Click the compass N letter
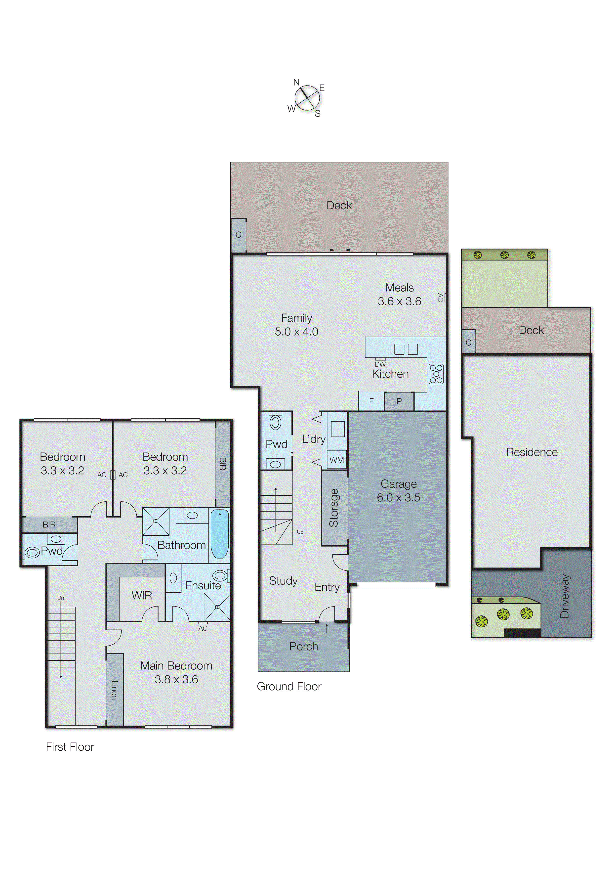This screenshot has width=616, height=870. (x=296, y=82)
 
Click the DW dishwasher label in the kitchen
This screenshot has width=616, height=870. (x=380, y=364)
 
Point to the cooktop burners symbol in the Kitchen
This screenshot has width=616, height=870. (x=436, y=374)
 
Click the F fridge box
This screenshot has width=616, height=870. (x=371, y=401)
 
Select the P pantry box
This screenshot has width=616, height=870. (x=399, y=401)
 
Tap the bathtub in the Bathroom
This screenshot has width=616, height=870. (x=220, y=534)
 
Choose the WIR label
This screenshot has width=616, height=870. (x=142, y=595)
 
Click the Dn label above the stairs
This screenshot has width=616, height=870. (x=61, y=598)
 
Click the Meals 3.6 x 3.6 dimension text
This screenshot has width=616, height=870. (x=399, y=301)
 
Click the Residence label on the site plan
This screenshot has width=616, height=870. (x=532, y=452)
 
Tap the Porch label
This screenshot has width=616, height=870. (x=303, y=647)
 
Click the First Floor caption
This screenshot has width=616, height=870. (x=70, y=747)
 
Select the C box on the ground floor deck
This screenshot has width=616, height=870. (x=238, y=235)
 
